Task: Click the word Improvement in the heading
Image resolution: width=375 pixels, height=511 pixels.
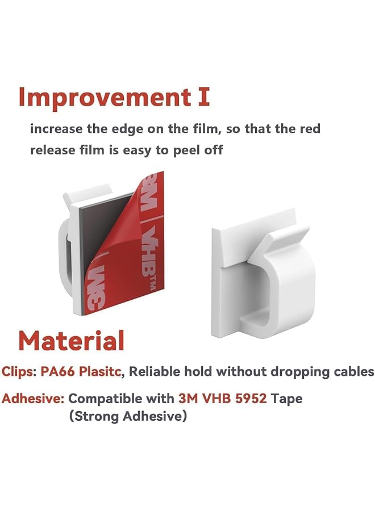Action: pyautogui.click(x=97, y=98)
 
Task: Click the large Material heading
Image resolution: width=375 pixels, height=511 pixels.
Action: pyautogui.click(x=71, y=341)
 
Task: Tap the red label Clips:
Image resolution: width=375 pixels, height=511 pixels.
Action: pyautogui.click(x=19, y=372)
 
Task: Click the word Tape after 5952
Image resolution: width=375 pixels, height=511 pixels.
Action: pyautogui.click(x=286, y=399)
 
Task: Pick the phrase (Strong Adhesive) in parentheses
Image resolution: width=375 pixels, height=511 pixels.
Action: pyautogui.click(x=128, y=416)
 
